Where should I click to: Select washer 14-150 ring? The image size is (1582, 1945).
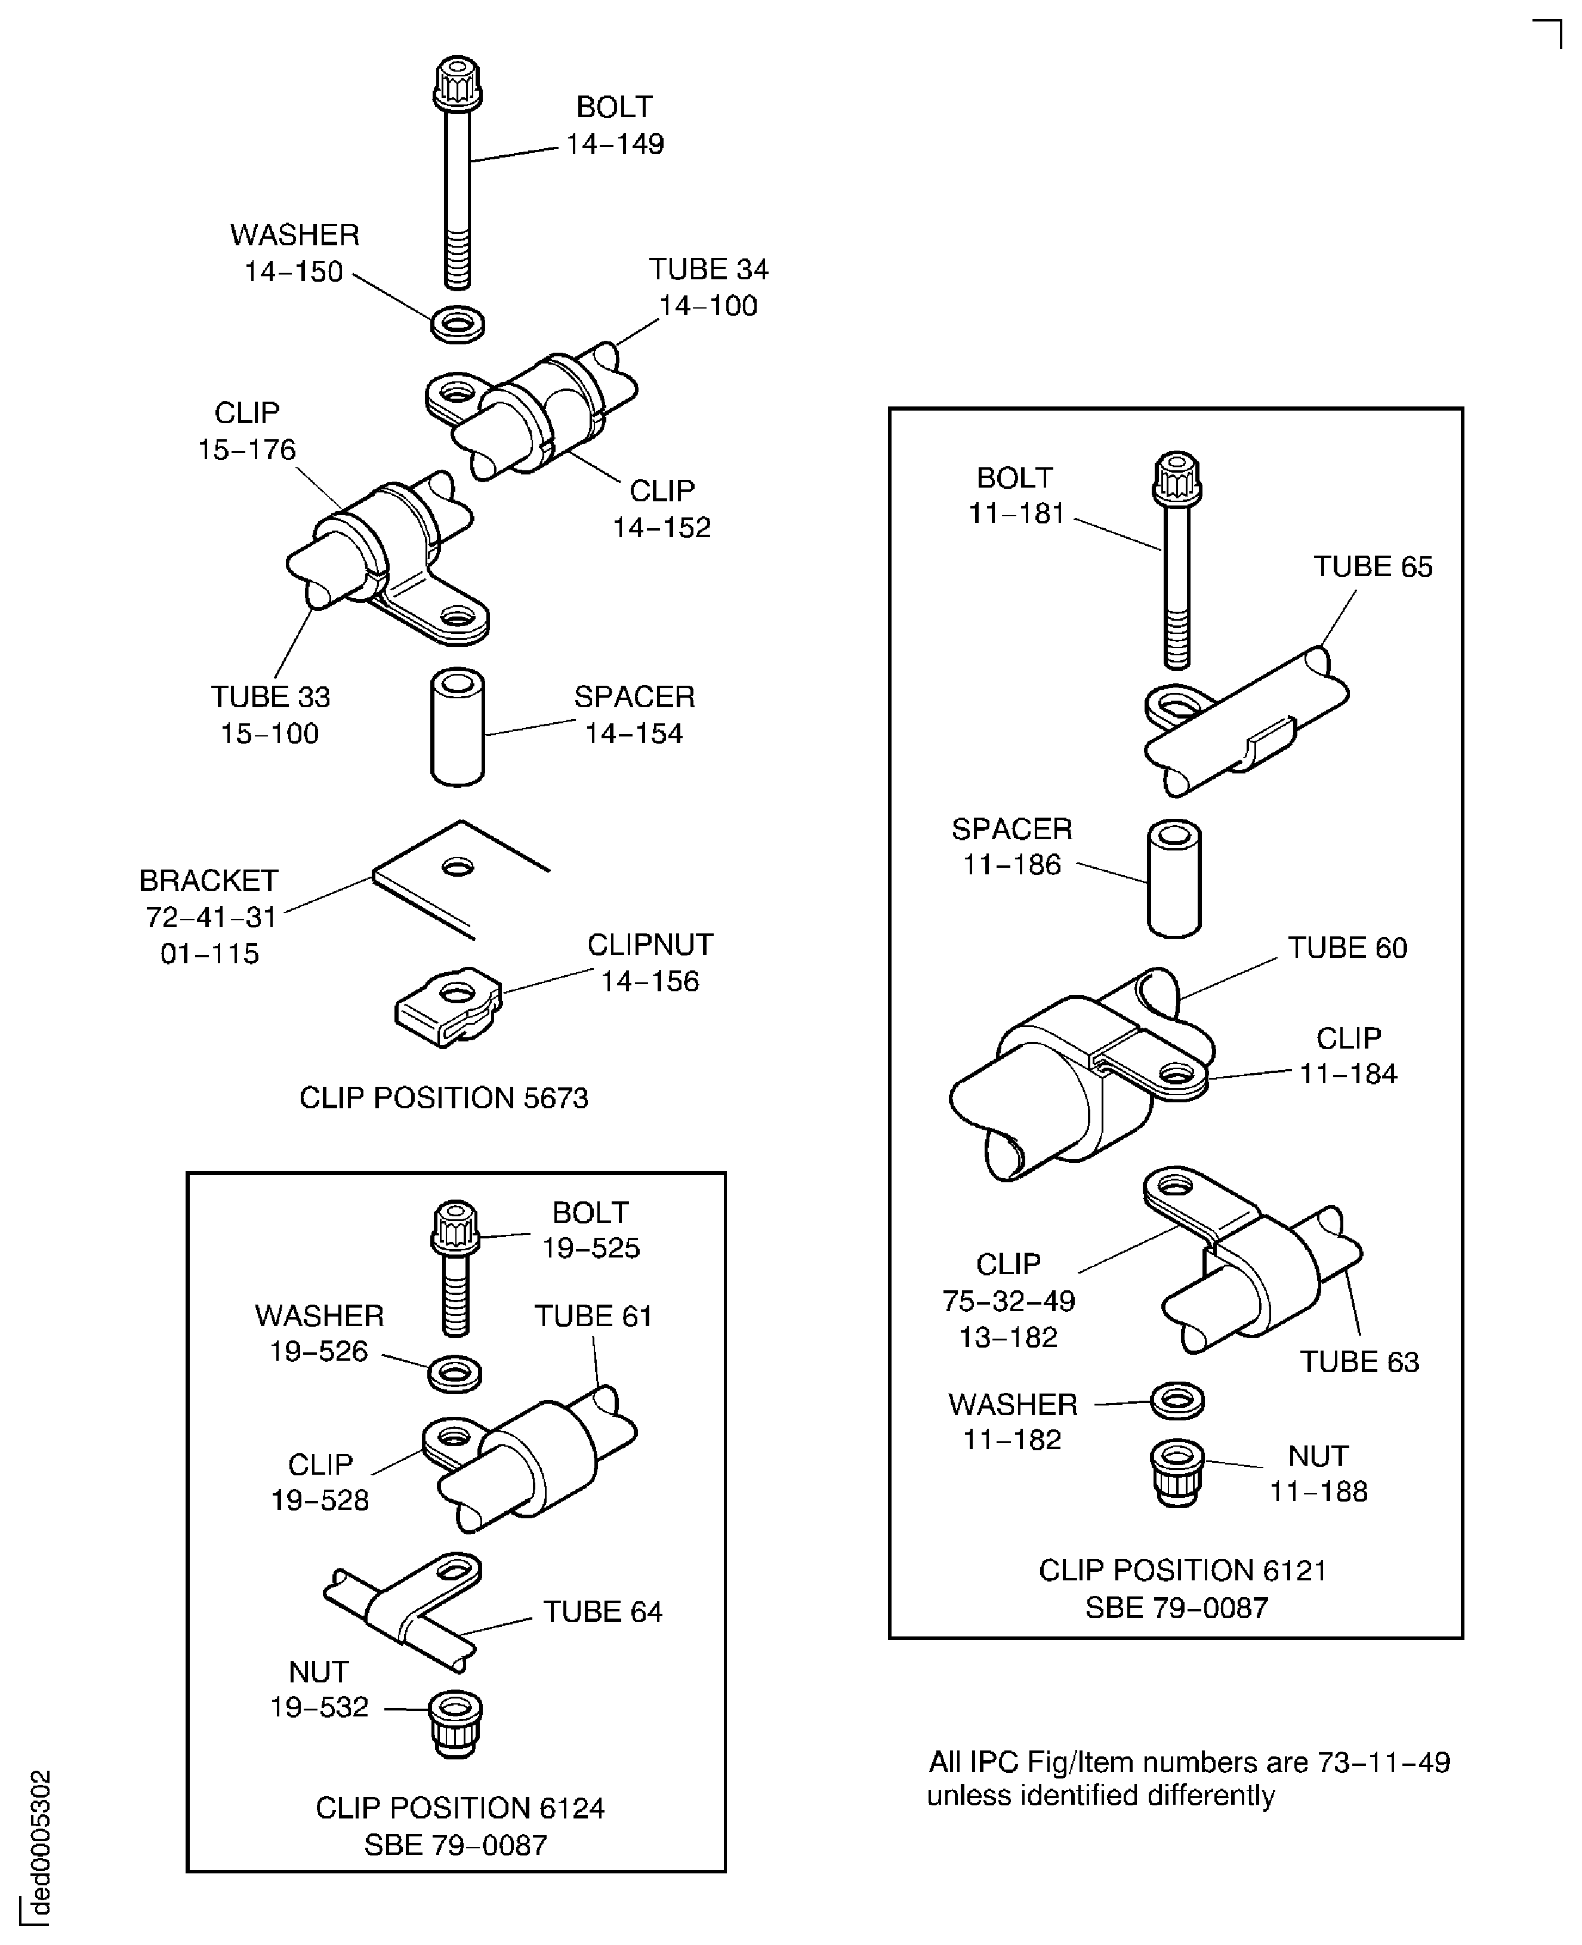(x=458, y=325)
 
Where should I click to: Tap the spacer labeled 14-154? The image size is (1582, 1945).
(x=458, y=728)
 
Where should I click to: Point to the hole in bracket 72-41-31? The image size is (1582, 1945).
(x=458, y=866)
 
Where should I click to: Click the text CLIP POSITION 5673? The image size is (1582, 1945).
(x=444, y=1098)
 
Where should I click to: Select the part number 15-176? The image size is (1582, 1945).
(x=247, y=449)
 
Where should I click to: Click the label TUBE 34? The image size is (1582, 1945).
(x=708, y=269)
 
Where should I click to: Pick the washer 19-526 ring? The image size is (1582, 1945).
(x=455, y=1373)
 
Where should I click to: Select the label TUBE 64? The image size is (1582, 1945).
(x=602, y=1611)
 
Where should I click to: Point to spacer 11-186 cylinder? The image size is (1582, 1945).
(x=1174, y=879)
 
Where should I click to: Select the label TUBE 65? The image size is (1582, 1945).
(x=1373, y=566)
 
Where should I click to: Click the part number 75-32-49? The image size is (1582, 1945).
(x=1009, y=1300)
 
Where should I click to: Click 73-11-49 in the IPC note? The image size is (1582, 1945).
(x=1383, y=1762)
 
